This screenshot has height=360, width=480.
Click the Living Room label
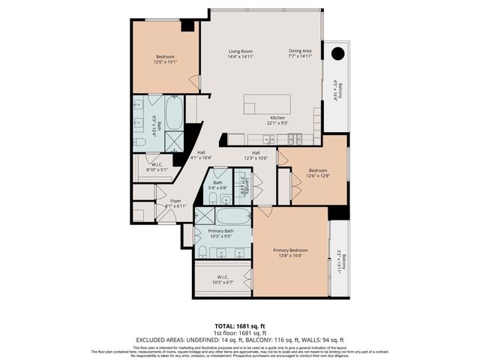point(241,53)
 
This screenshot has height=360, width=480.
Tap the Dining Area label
point(300,53)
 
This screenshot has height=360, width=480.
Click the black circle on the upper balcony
point(337,52)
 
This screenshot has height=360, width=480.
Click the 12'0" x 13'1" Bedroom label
point(165,59)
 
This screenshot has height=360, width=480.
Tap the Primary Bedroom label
point(290,252)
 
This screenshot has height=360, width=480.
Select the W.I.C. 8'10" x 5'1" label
point(157,166)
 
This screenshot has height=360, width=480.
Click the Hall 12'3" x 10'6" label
point(256,155)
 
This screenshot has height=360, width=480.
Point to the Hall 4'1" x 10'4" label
point(201,155)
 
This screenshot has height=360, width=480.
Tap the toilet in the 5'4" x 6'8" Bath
point(213,198)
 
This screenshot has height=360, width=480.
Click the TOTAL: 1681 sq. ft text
point(239,326)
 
